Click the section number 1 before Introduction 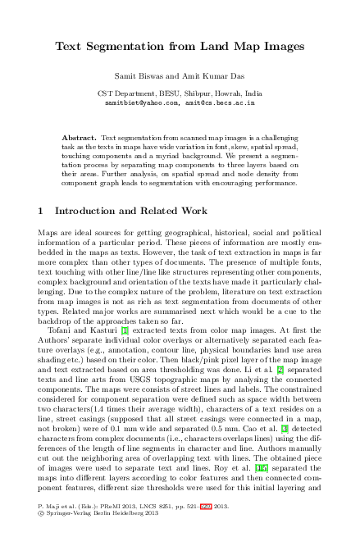pos(41,212)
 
